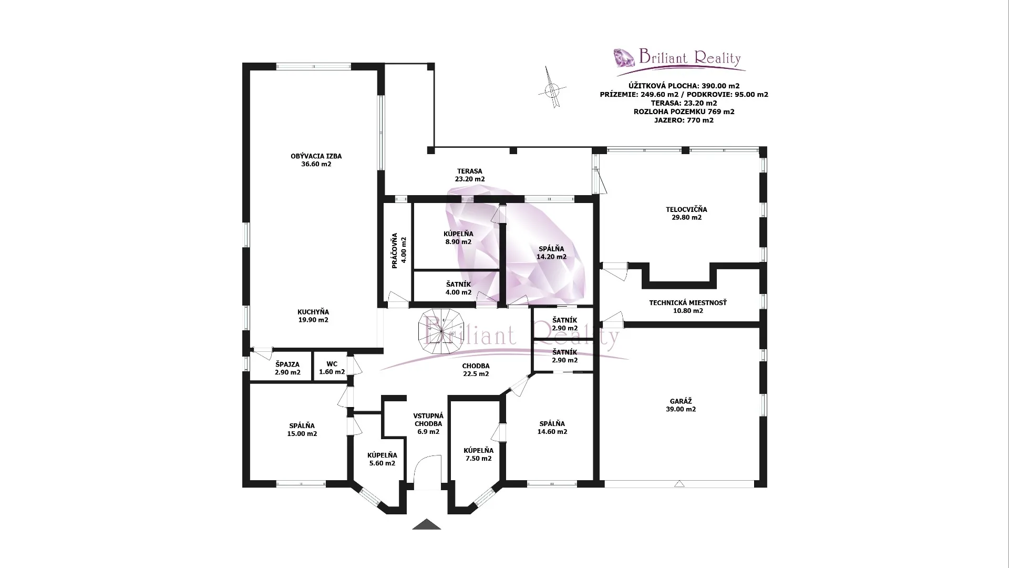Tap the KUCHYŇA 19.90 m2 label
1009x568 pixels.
pos(313,316)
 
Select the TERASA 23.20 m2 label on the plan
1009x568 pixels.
pos(469,175)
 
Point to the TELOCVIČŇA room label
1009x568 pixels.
pos(686,210)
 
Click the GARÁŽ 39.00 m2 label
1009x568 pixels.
pos(681,405)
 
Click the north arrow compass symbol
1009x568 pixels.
pos(552,88)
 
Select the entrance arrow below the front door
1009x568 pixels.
pos(426,524)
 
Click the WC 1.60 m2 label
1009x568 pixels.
pos(332,368)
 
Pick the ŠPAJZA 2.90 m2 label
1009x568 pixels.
pos(287,368)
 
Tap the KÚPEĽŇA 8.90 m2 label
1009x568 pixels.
pos(458,238)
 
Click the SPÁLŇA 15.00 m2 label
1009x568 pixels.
pos(302,430)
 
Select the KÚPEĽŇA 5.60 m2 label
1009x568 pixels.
pos(382,459)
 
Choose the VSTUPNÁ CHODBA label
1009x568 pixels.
pos(428,420)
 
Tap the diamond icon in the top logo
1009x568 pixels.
pos(624,57)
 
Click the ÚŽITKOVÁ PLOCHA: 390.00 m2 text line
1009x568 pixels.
pos(684,86)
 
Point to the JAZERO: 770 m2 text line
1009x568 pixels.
pos(684,120)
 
